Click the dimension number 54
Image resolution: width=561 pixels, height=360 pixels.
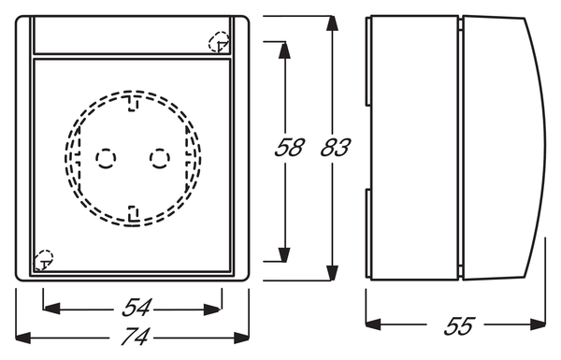click(x=137, y=308)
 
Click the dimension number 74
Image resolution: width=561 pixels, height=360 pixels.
click(x=136, y=337)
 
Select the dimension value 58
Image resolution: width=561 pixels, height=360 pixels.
click(x=289, y=148)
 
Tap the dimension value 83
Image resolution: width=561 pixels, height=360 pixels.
click(x=335, y=148)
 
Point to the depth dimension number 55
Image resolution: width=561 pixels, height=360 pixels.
click(x=459, y=326)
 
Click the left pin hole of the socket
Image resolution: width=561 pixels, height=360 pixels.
click(x=106, y=158)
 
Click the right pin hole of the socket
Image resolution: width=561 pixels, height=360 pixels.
click(x=160, y=158)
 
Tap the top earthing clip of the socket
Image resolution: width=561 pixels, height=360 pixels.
click(x=133, y=103)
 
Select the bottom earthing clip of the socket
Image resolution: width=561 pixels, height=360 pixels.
click(x=133, y=213)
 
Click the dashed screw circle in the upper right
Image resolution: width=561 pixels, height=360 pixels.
click(x=219, y=42)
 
